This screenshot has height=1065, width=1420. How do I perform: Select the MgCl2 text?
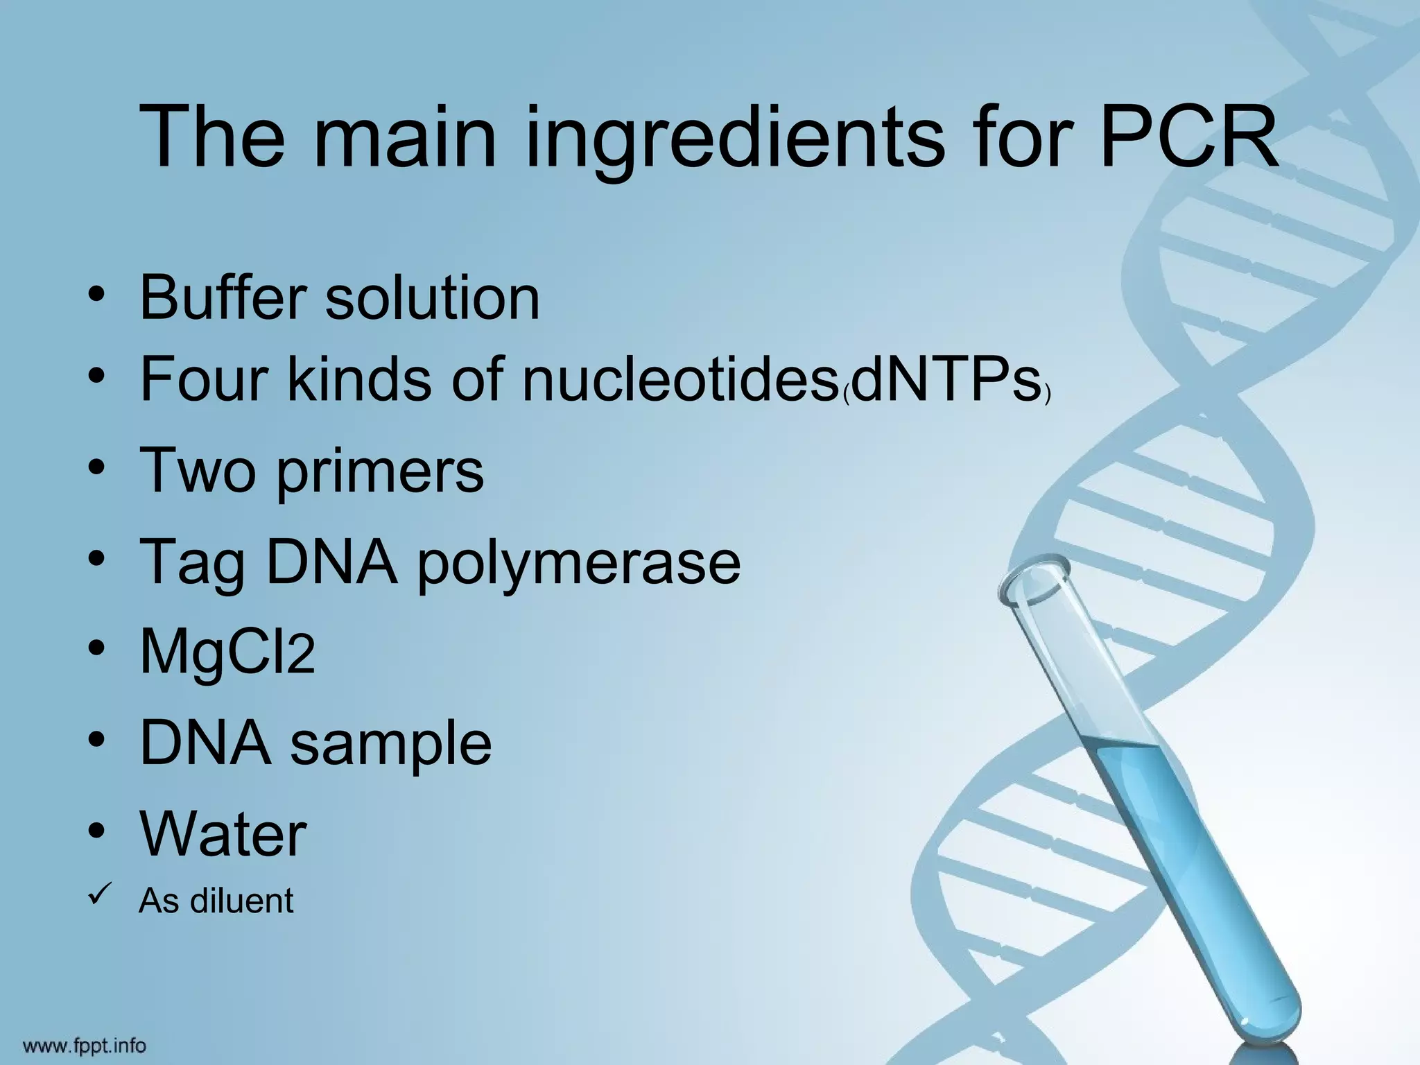tap(227, 653)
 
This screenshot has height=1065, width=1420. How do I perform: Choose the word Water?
tap(223, 833)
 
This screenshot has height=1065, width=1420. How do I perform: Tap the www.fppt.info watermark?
tap(85, 1044)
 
